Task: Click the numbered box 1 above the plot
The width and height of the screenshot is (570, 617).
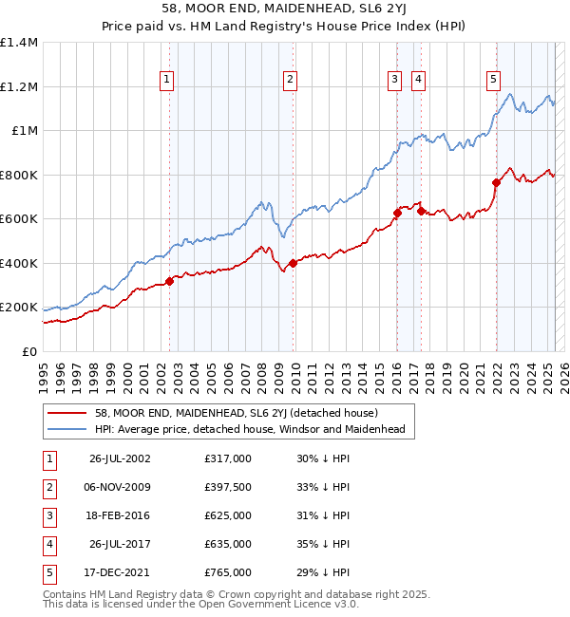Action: point(167,81)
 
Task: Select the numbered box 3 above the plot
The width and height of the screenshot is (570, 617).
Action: point(393,81)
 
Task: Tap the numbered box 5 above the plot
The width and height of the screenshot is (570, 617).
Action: point(494,81)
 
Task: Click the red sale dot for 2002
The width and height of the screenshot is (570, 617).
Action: point(169,281)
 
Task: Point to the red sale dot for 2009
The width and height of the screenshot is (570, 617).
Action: point(293,263)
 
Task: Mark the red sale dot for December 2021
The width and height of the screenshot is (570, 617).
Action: point(496,182)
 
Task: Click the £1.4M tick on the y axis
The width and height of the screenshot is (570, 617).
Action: point(19,43)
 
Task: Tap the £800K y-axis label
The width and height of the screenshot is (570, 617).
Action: point(18,175)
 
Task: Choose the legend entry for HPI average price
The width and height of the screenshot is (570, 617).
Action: point(250,430)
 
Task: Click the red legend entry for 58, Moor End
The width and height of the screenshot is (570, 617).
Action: point(237,413)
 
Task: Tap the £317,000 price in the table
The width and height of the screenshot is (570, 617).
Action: point(228,458)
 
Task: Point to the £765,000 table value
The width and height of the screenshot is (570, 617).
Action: point(228,572)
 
